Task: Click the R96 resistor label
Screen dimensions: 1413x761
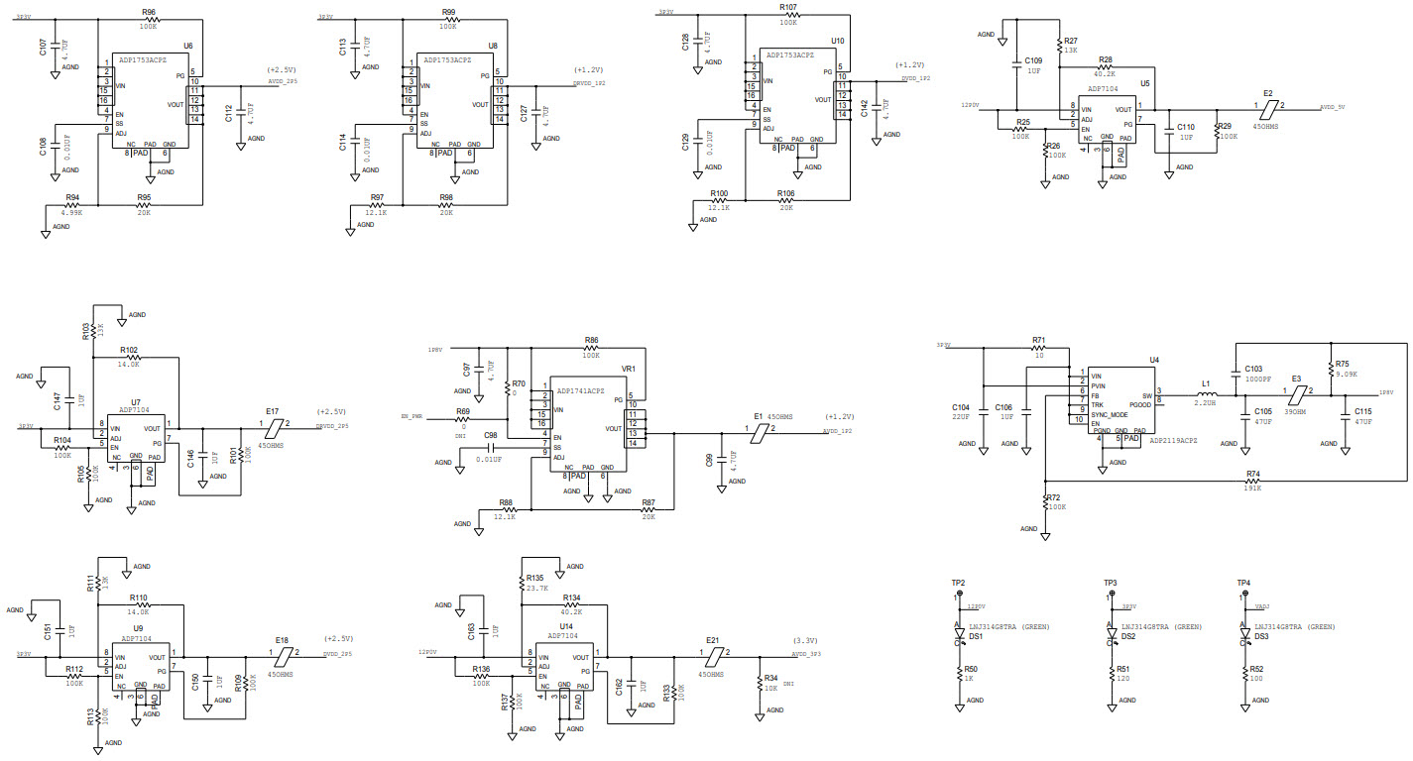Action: point(149,13)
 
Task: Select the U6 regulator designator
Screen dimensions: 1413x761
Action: point(188,46)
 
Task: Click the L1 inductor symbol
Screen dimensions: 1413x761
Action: point(1206,394)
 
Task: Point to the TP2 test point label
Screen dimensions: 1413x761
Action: point(958,583)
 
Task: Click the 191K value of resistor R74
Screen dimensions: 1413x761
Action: point(1253,488)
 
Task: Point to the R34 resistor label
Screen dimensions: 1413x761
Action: point(772,678)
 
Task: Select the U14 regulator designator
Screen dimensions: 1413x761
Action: point(566,626)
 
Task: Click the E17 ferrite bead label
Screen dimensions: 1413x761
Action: point(272,410)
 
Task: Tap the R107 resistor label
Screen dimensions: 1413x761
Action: point(788,7)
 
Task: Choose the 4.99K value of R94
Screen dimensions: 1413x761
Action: point(71,212)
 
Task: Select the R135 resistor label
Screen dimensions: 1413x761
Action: point(535,577)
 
